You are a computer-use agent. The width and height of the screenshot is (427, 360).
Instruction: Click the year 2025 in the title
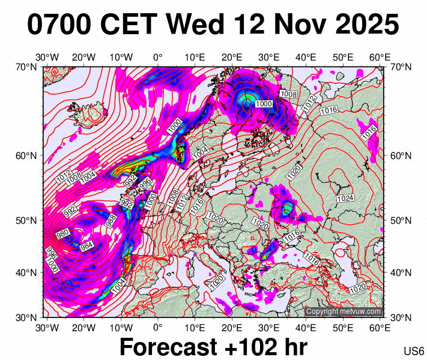tap(365, 25)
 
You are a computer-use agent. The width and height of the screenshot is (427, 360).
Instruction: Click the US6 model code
tap(414, 351)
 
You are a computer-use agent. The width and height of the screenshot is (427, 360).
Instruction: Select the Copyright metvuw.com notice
tap(343, 311)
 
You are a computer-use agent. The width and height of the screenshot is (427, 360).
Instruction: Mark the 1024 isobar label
tap(345, 198)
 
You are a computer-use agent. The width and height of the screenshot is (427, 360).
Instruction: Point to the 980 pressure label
tap(62, 234)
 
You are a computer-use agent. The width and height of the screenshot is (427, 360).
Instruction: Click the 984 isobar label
tap(86, 246)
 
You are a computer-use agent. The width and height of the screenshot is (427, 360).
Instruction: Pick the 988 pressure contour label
tap(111, 220)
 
